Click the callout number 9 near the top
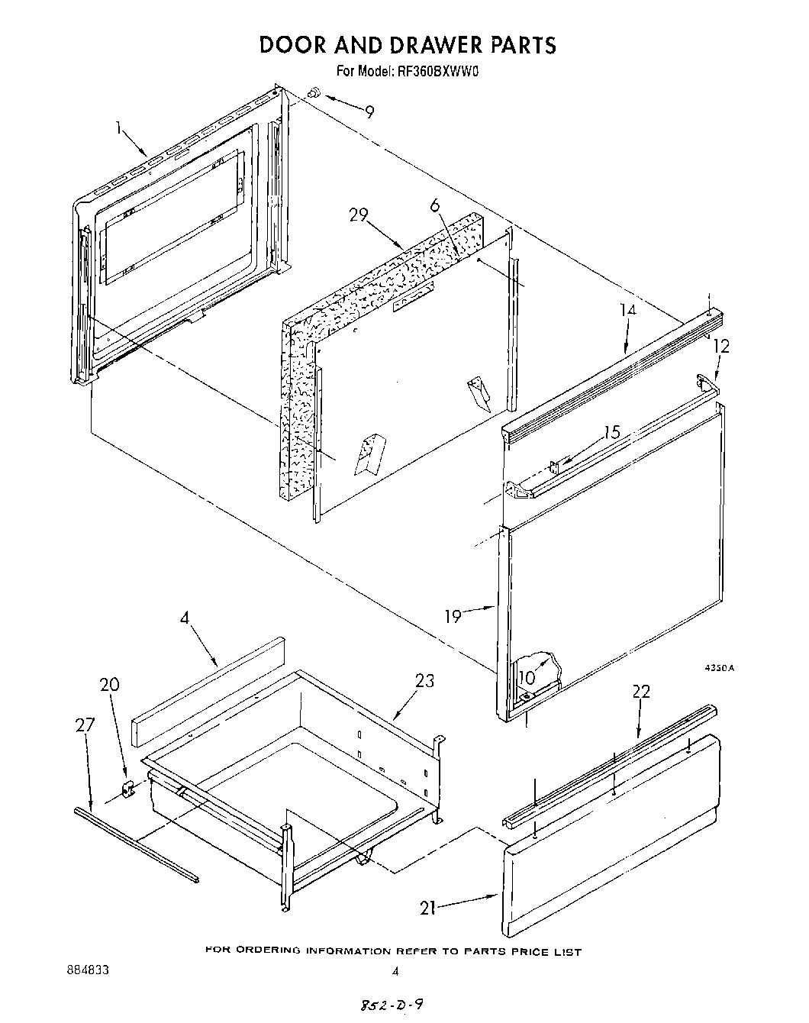369,112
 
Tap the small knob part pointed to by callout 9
313,93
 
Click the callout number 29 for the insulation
359,215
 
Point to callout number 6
435,205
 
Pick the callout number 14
627,310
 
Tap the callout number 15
612,432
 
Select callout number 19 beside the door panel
453,615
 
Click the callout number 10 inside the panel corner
527,676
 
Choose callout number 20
109,685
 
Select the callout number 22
641,691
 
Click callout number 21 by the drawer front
430,908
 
